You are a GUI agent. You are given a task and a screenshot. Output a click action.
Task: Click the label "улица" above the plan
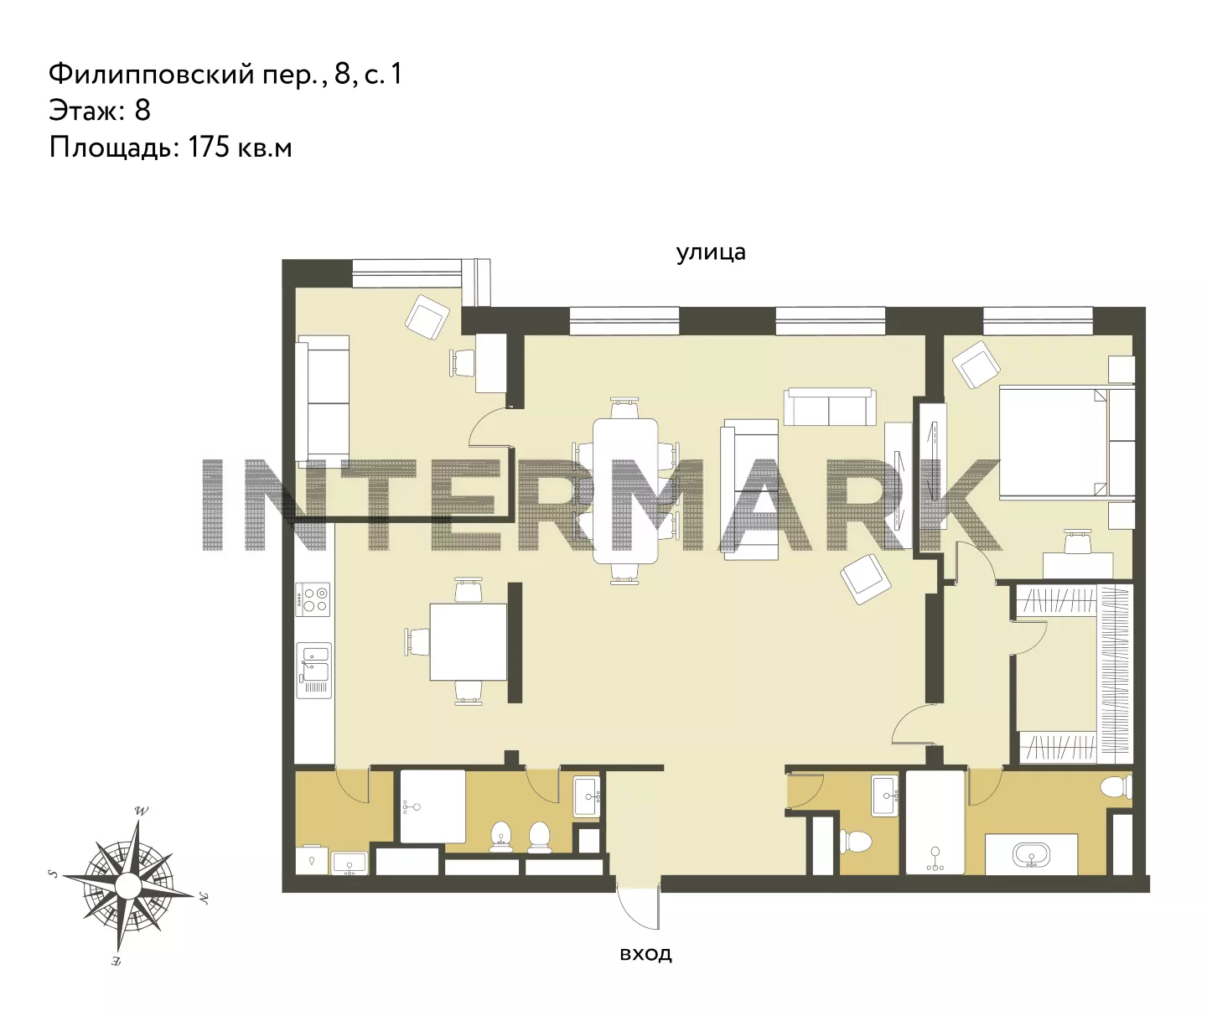coord(711,252)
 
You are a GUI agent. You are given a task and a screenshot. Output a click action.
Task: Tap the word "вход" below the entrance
coord(645,953)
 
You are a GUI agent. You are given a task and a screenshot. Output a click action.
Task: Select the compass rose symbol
coord(128,885)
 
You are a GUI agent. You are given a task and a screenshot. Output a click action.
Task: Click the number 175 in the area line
coord(210,148)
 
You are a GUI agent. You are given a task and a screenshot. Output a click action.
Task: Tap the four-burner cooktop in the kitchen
coord(313,599)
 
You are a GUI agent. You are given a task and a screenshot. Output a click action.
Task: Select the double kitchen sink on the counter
coord(313,671)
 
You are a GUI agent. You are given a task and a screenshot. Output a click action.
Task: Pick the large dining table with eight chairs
coord(625,490)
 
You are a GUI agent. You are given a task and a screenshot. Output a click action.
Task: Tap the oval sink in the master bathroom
coord(1031,854)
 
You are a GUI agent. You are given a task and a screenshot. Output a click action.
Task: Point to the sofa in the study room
coord(322,402)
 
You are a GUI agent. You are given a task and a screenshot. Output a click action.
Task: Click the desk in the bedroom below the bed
coord(1078,565)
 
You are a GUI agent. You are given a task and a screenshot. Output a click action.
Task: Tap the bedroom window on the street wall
coord(1039,321)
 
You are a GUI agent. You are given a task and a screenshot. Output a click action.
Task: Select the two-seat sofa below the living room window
coord(830,407)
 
